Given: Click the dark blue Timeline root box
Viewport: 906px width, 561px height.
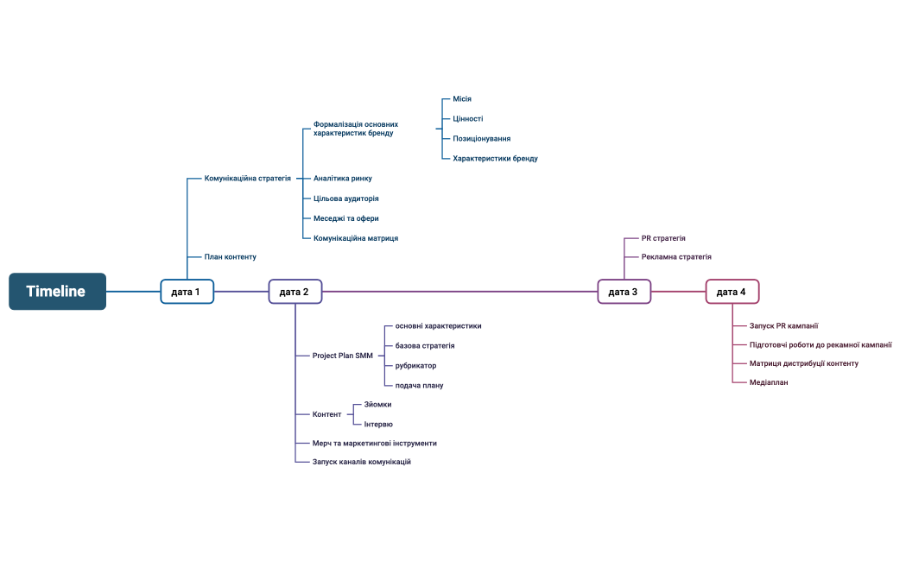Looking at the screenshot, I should (x=57, y=292).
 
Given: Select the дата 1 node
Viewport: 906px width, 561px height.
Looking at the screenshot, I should (x=187, y=292).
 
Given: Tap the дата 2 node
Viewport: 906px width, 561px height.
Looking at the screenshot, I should (x=295, y=292).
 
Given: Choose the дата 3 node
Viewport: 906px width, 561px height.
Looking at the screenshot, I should (x=624, y=292).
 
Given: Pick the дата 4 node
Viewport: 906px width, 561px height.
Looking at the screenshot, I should (x=732, y=292).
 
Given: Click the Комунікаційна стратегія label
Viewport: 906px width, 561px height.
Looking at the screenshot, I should (x=247, y=179).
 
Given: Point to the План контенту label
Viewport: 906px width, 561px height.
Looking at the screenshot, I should (x=230, y=257).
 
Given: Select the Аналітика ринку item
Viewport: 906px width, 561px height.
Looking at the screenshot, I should (x=343, y=179).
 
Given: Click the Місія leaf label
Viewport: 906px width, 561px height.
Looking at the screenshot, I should (x=462, y=99).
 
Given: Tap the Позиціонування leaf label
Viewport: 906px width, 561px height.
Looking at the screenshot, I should (x=481, y=139).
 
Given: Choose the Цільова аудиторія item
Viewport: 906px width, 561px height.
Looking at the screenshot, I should (x=345, y=199).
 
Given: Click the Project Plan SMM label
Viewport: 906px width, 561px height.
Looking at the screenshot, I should (x=342, y=356).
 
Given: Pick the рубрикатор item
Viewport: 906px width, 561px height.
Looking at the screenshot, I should (x=415, y=366).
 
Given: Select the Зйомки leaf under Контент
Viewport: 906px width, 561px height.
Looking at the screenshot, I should (x=378, y=404).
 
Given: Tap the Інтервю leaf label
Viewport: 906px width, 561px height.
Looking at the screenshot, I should (x=378, y=424).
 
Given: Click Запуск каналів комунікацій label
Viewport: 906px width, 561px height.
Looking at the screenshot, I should (x=362, y=463).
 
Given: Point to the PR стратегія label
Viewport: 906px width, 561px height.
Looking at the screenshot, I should (x=663, y=238).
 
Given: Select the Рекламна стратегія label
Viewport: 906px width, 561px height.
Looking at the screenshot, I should (x=676, y=257).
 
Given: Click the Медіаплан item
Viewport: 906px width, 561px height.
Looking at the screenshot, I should (x=769, y=382).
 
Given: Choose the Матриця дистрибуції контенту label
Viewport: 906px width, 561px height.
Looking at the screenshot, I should (x=803, y=363).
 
